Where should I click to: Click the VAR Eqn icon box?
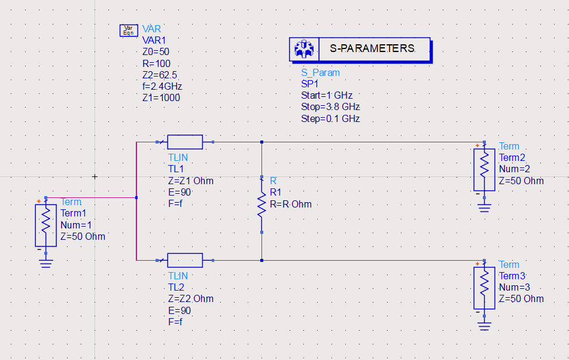click(128, 30)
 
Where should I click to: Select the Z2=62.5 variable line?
click(159, 75)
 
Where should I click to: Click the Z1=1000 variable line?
click(161, 97)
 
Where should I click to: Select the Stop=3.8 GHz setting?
click(330, 107)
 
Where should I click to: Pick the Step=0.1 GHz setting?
click(330, 118)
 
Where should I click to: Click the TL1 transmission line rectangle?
click(185, 142)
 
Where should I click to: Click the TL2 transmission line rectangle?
click(185, 260)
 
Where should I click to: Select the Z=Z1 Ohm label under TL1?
click(191, 181)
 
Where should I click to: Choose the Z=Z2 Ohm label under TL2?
click(191, 298)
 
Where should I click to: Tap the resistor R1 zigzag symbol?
click(261, 204)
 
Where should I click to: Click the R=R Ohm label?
click(291, 204)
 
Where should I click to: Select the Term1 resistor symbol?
click(45, 225)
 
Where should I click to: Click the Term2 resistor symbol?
click(484, 170)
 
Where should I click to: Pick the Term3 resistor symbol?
click(484, 288)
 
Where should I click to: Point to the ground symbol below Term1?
click(45, 262)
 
